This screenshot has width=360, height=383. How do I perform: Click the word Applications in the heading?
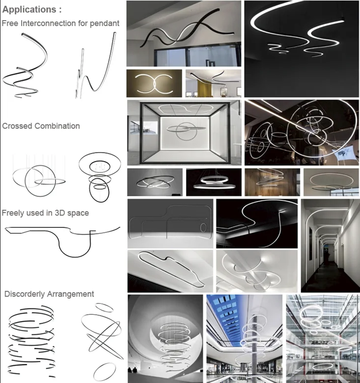29,9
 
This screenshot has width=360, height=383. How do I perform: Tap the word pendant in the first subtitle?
105,24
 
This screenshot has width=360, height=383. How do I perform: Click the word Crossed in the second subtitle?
17,126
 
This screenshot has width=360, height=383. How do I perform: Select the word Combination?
57,126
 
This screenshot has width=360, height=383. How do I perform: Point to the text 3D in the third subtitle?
60,213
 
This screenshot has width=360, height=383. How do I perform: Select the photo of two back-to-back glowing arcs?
154,83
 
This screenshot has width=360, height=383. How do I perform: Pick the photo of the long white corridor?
330,246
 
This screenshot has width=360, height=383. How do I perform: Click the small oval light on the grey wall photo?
203,227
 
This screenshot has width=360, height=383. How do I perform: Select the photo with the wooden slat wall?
272,182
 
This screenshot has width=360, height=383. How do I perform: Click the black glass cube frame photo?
184,133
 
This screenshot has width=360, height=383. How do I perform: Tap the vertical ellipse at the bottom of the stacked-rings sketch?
99,191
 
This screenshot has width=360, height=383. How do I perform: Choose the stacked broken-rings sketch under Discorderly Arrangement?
30,341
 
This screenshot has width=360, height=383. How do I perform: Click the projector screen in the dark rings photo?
344,153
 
